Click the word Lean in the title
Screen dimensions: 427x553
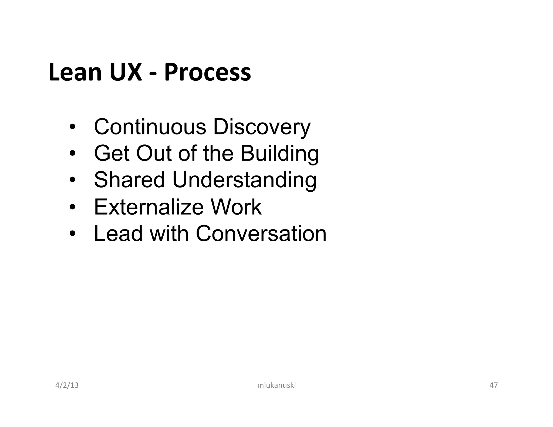pos(75,72)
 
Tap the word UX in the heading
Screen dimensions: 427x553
pos(126,72)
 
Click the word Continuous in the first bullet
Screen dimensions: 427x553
pos(150,127)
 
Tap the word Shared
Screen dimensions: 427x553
pos(129,180)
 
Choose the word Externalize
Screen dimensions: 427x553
pos(149,207)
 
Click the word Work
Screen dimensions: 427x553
pos(236,207)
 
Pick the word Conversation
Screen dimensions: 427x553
pos(261,233)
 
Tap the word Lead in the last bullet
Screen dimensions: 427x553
pos(118,233)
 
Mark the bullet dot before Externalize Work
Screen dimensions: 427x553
pos(72,207)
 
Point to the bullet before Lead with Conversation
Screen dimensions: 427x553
pos(72,233)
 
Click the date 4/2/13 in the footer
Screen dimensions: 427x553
pos(67,385)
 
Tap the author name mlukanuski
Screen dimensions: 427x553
pos(276,385)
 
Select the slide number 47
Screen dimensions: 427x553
pos(494,385)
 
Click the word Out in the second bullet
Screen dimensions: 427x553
pos(154,153)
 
